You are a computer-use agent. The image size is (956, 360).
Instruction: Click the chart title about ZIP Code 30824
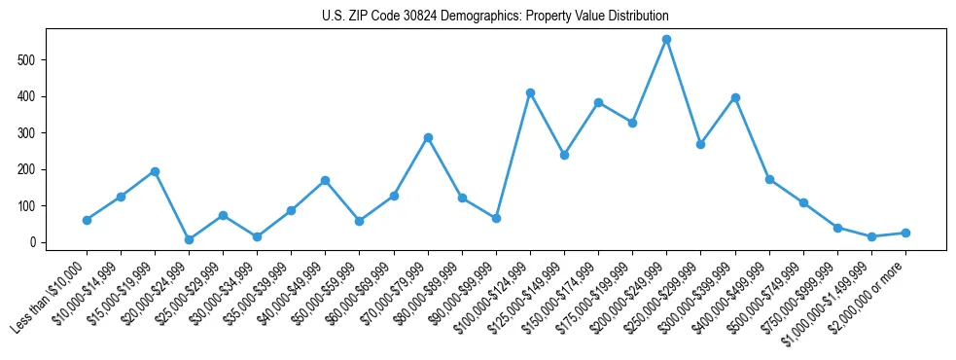[495, 17]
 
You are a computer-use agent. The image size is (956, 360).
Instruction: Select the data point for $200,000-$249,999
[666, 40]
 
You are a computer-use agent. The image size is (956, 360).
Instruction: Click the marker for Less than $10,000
[87, 220]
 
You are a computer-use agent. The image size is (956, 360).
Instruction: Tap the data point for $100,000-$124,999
[530, 92]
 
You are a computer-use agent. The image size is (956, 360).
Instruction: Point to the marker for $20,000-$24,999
[189, 239]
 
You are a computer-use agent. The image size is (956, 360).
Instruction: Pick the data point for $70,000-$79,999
[428, 137]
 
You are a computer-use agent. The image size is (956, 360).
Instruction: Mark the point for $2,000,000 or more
[905, 233]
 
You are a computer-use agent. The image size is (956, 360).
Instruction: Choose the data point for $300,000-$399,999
[735, 97]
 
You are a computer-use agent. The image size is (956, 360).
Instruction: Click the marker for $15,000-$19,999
[155, 171]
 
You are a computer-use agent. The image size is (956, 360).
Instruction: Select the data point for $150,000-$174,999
[598, 102]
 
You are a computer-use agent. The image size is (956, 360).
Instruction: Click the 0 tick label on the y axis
[35, 242]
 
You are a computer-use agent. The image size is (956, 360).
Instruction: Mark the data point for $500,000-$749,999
[803, 202]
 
